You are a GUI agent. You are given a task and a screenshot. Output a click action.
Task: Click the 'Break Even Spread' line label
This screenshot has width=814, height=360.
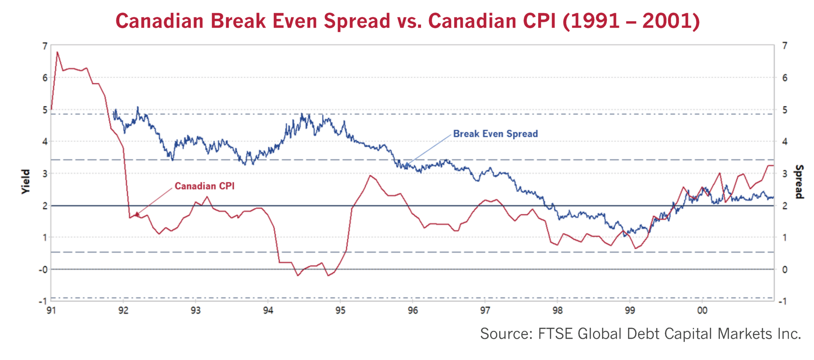495,134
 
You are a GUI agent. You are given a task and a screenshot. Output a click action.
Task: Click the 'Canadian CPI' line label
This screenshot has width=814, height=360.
204,186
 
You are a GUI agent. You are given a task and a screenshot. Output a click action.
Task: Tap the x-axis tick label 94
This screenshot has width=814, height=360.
268,311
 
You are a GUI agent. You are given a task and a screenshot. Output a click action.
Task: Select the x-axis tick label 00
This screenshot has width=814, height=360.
702,311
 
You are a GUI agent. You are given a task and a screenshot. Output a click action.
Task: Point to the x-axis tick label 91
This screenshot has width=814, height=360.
51,311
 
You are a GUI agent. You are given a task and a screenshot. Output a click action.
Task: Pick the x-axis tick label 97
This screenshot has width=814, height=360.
485,311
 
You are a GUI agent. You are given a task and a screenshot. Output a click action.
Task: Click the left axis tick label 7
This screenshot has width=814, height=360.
45,46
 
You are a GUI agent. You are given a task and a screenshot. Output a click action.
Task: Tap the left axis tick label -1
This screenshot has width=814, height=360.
43,301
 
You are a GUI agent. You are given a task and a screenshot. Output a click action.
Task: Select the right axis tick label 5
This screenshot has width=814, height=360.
785,110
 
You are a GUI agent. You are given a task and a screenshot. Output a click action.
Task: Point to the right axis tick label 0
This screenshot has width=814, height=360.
785,269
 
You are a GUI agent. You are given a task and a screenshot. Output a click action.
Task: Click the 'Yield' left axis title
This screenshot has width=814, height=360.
26,182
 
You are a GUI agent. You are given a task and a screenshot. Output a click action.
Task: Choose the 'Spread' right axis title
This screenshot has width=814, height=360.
799,182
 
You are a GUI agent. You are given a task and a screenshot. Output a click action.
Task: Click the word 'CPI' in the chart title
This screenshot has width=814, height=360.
539,21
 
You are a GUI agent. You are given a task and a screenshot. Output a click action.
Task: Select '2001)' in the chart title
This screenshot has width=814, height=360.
671,21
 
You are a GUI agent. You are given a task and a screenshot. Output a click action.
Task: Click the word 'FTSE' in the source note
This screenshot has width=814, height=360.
555,334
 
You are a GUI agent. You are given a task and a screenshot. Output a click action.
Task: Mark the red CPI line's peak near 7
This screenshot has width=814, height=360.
57,52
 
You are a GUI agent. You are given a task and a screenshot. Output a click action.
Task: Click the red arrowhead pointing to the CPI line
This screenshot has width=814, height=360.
137,214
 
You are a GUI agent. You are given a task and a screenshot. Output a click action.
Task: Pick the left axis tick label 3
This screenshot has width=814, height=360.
45,174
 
